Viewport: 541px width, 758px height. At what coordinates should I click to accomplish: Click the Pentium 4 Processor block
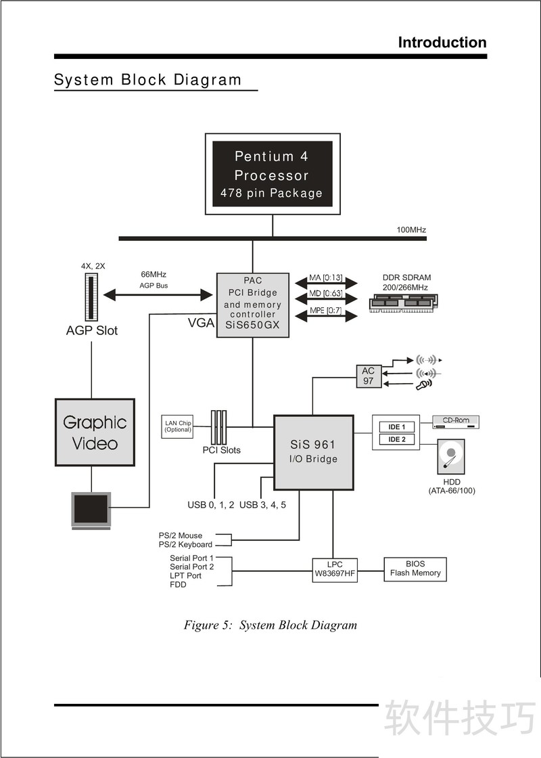pyautogui.click(x=273, y=174)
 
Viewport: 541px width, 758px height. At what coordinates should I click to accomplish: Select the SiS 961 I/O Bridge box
pyautogui.click(x=313, y=452)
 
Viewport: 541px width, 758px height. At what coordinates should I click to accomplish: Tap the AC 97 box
pyautogui.click(x=368, y=376)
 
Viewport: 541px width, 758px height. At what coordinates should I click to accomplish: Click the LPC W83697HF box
pyautogui.click(x=334, y=568)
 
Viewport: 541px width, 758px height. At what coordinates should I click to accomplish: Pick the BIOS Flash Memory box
pyautogui.click(x=415, y=568)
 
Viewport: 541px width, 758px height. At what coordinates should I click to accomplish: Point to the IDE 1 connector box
pyautogui.click(x=396, y=427)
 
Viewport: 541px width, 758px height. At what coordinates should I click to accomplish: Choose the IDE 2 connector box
pyautogui.click(x=396, y=440)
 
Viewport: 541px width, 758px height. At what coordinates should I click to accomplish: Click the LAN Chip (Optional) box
pyautogui.click(x=178, y=426)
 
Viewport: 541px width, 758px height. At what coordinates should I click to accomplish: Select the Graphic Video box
pyautogui.click(x=95, y=432)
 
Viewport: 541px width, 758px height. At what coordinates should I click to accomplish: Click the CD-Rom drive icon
pyautogui.click(x=456, y=422)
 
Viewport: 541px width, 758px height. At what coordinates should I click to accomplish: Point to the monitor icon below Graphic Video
pyautogui.click(x=91, y=510)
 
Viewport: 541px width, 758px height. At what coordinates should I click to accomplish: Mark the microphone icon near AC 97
pyautogui.click(x=425, y=385)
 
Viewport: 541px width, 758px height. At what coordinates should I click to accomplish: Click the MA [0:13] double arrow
pyautogui.click(x=326, y=281)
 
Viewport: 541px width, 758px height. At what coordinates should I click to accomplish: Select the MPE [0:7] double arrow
pyautogui.click(x=326, y=313)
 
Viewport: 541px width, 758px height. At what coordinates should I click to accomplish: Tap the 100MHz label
pyautogui.click(x=410, y=230)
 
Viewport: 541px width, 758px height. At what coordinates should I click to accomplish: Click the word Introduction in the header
pyautogui.click(x=442, y=43)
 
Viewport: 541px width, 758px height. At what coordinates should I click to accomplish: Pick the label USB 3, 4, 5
pyautogui.click(x=262, y=505)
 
